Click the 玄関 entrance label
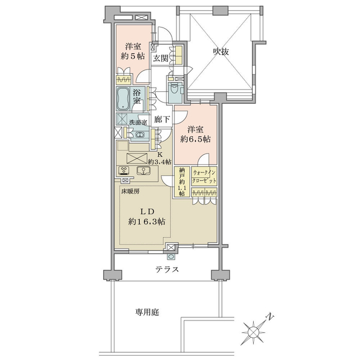click(160, 58)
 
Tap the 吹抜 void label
click(221, 52)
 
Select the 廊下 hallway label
click(162, 119)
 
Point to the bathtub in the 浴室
click(122, 99)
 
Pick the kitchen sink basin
click(143, 171)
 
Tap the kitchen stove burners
click(124, 170)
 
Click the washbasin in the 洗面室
click(140, 135)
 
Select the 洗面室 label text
click(138, 122)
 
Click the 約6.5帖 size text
click(195, 139)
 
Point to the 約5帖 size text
click(133, 56)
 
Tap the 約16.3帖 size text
click(147, 221)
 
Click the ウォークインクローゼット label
click(204, 176)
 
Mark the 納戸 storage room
click(182, 182)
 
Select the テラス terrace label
click(167, 269)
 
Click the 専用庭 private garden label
click(147, 312)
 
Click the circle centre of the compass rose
click(253, 332)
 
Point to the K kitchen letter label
click(160, 154)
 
